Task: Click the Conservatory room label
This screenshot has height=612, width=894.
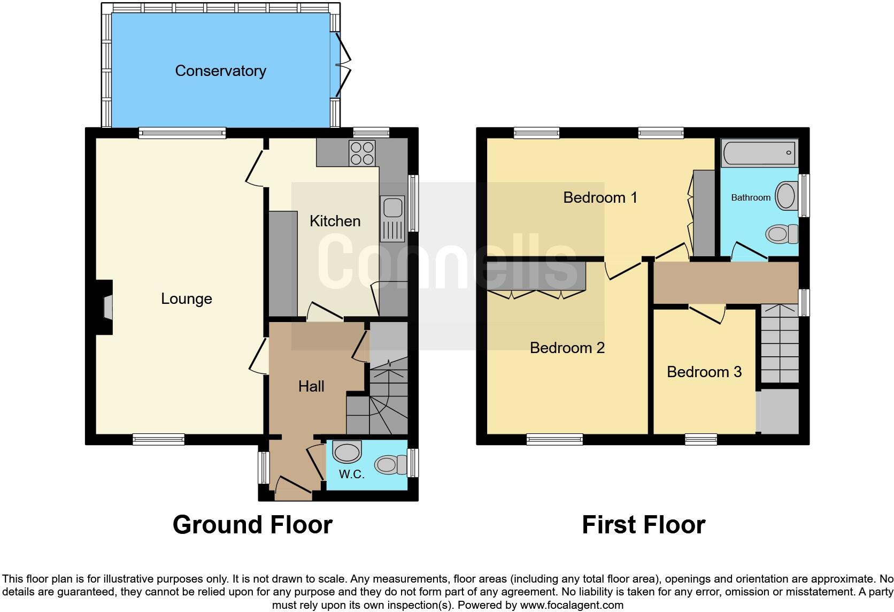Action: click(x=220, y=71)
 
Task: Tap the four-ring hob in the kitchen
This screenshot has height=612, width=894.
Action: click(x=362, y=152)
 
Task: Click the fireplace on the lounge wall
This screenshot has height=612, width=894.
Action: click(x=107, y=308)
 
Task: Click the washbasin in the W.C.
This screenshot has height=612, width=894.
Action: click(x=346, y=452)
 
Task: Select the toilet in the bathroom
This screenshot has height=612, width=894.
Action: click(x=781, y=234)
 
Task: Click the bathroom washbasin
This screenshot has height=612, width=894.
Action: click(x=786, y=195)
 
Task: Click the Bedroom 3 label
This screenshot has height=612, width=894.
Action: click(x=704, y=372)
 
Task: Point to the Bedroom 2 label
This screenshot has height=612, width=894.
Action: click(x=567, y=348)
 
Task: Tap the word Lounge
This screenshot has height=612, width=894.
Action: click(x=186, y=299)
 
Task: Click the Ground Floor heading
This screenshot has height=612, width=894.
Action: click(x=252, y=525)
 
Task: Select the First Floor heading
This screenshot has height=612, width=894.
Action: click(x=643, y=525)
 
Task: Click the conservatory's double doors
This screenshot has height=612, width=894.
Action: click(x=342, y=67)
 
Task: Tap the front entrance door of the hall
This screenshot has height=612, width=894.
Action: click(x=292, y=486)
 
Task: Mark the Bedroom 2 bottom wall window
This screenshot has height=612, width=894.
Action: click(x=554, y=440)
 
